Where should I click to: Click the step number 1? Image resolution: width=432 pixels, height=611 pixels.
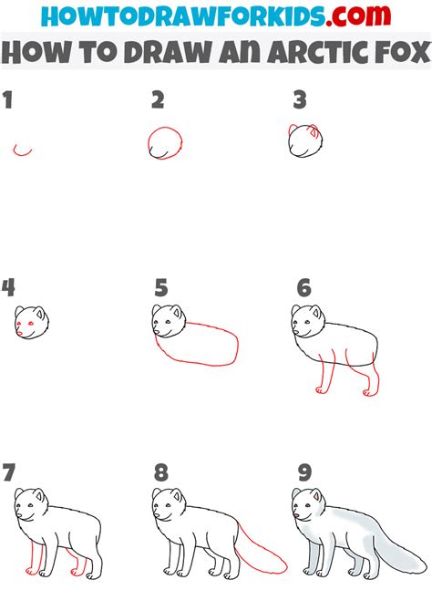(8, 100)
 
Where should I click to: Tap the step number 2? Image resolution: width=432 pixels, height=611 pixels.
(157, 100)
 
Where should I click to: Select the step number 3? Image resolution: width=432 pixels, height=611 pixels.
(298, 100)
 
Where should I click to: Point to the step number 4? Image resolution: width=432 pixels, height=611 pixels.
(9, 288)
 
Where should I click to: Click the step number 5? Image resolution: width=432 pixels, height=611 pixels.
(161, 289)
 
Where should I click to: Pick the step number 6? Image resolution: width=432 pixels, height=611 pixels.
(303, 289)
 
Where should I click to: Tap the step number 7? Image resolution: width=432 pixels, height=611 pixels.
(9, 472)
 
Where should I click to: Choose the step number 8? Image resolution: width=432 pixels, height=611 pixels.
(161, 472)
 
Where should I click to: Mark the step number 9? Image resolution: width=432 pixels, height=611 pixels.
(303, 472)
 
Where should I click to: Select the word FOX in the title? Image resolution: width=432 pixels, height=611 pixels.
(394, 54)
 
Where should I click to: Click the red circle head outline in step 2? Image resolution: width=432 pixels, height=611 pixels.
(163, 143)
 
